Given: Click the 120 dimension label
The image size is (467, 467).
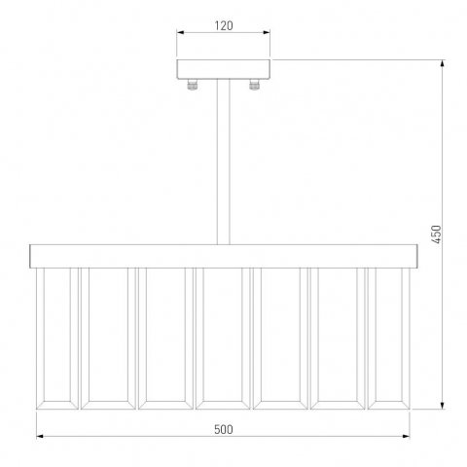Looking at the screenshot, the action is coord(224,25).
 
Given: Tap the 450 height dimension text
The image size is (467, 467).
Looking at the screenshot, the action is coord(437,234).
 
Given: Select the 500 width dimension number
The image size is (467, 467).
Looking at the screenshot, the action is coord(224,429).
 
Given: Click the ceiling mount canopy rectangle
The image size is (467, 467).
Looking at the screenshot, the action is coord(224,69).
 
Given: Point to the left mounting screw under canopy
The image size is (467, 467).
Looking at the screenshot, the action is coord(193,85).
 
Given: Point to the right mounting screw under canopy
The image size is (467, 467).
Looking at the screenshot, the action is coord(254,85).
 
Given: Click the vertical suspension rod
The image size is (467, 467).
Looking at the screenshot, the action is coord(224,162).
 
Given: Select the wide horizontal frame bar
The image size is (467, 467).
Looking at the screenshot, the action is coord(224,256).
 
